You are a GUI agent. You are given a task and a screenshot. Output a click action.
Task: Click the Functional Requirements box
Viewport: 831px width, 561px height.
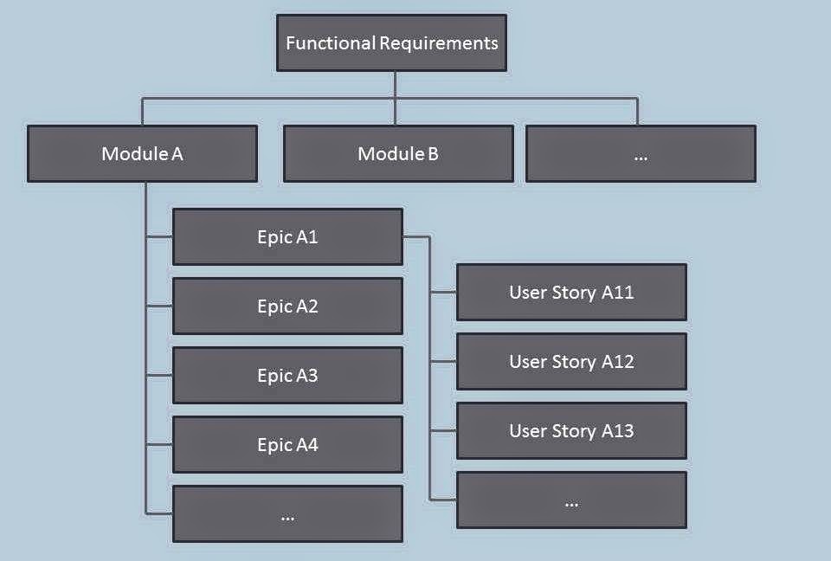pyautogui.click(x=391, y=43)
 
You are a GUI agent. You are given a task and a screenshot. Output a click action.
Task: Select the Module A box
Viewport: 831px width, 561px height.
pyautogui.click(x=143, y=154)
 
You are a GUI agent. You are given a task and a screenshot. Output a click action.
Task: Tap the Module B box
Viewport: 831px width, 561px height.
pyautogui.click(x=398, y=154)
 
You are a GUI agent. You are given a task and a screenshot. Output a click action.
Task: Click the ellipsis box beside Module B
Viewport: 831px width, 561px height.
pyautogui.click(x=641, y=154)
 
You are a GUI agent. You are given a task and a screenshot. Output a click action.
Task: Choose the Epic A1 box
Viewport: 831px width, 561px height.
pyautogui.click(x=287, y=236)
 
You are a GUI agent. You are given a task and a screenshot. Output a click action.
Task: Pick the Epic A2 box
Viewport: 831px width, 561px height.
pyautogui.click(x=287, y=306)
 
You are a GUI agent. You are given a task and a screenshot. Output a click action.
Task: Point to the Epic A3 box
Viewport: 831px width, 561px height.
pyautogui.click(x=287, y=376)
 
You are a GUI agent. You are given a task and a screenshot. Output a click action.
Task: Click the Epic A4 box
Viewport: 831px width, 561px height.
pyautogui.click(x=287, y=444)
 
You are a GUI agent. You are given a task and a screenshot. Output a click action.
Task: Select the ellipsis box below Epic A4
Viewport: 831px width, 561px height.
pyautogui.click(x=287, y=513)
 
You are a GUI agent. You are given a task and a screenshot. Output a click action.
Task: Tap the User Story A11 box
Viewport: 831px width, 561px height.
pyautogui.click(x=572, y=292)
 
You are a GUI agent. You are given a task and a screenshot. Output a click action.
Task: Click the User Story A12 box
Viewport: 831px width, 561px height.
pyautogui.click(x=572, y=362)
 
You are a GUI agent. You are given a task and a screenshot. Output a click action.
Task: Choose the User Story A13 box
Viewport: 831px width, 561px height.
pyautogui.click(x=572, y=430)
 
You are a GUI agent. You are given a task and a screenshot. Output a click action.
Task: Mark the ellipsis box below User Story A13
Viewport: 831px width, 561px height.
pyautogui.click(x=572, y=500)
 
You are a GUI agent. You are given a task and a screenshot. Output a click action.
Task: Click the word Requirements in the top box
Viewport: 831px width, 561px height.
pyautogui.click(x=439, y=43)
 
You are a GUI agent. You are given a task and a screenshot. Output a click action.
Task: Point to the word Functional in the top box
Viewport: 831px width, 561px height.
pyautogui.click(x=331, y=43)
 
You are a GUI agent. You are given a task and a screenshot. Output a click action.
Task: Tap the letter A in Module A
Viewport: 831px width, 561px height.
pyautogui.click(x=177, y=154)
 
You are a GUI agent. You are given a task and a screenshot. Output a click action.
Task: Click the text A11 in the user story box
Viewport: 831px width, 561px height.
pyautogui.click(x=617, y=292)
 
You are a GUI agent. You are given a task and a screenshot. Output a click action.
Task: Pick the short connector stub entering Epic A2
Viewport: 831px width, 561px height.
pyautogui.click(x=159, y=306)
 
